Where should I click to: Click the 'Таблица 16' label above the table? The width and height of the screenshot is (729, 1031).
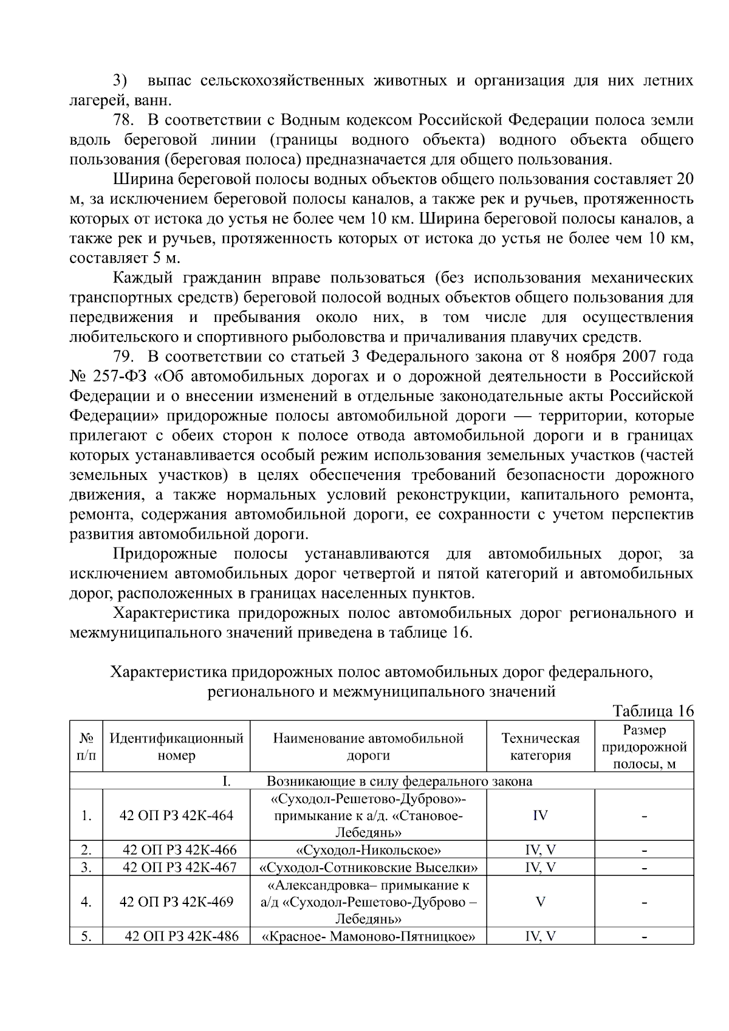tap(652, 711)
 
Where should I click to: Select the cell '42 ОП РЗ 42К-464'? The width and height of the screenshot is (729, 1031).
tap(177, 815)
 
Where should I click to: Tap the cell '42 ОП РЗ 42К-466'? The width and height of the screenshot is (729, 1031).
tap(179, 849)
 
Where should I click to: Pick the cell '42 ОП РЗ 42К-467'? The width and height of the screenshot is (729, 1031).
tap(179, 867)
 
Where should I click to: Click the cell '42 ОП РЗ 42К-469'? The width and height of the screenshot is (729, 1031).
tap(177, 902)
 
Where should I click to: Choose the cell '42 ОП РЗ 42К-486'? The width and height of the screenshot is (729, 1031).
tap(180, 936)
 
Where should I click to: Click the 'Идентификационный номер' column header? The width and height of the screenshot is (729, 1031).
tap(176, 747)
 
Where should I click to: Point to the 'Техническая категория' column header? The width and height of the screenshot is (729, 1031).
tap(540, 747)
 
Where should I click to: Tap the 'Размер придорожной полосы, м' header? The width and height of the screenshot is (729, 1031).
tap(644, 747)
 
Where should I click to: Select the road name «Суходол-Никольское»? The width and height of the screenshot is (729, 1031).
tap(368, 849)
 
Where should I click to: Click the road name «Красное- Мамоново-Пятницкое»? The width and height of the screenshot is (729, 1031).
tap(368, 936)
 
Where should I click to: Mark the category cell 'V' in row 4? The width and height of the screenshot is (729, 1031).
tap(540, 902)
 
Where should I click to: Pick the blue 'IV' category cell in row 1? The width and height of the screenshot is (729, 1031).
tap(540, 815)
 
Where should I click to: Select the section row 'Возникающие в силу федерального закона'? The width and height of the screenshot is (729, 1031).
tap(399, 781)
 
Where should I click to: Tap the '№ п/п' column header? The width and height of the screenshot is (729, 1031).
tap(86, 747)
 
